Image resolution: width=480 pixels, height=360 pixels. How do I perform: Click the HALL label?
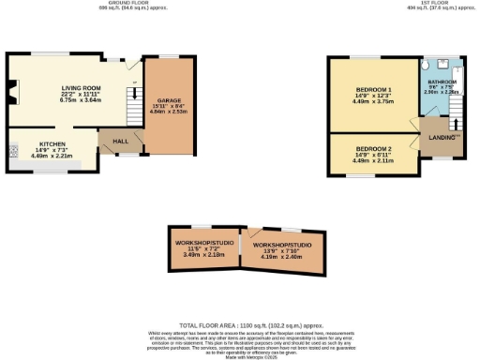(120, 142)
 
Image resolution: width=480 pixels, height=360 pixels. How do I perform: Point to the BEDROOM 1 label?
(374, 90)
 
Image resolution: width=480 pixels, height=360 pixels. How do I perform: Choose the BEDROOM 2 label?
(374, 148)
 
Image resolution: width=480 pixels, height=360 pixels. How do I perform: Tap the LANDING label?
(441, 138)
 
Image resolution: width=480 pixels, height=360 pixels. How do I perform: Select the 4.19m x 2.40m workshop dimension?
(277, 257)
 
